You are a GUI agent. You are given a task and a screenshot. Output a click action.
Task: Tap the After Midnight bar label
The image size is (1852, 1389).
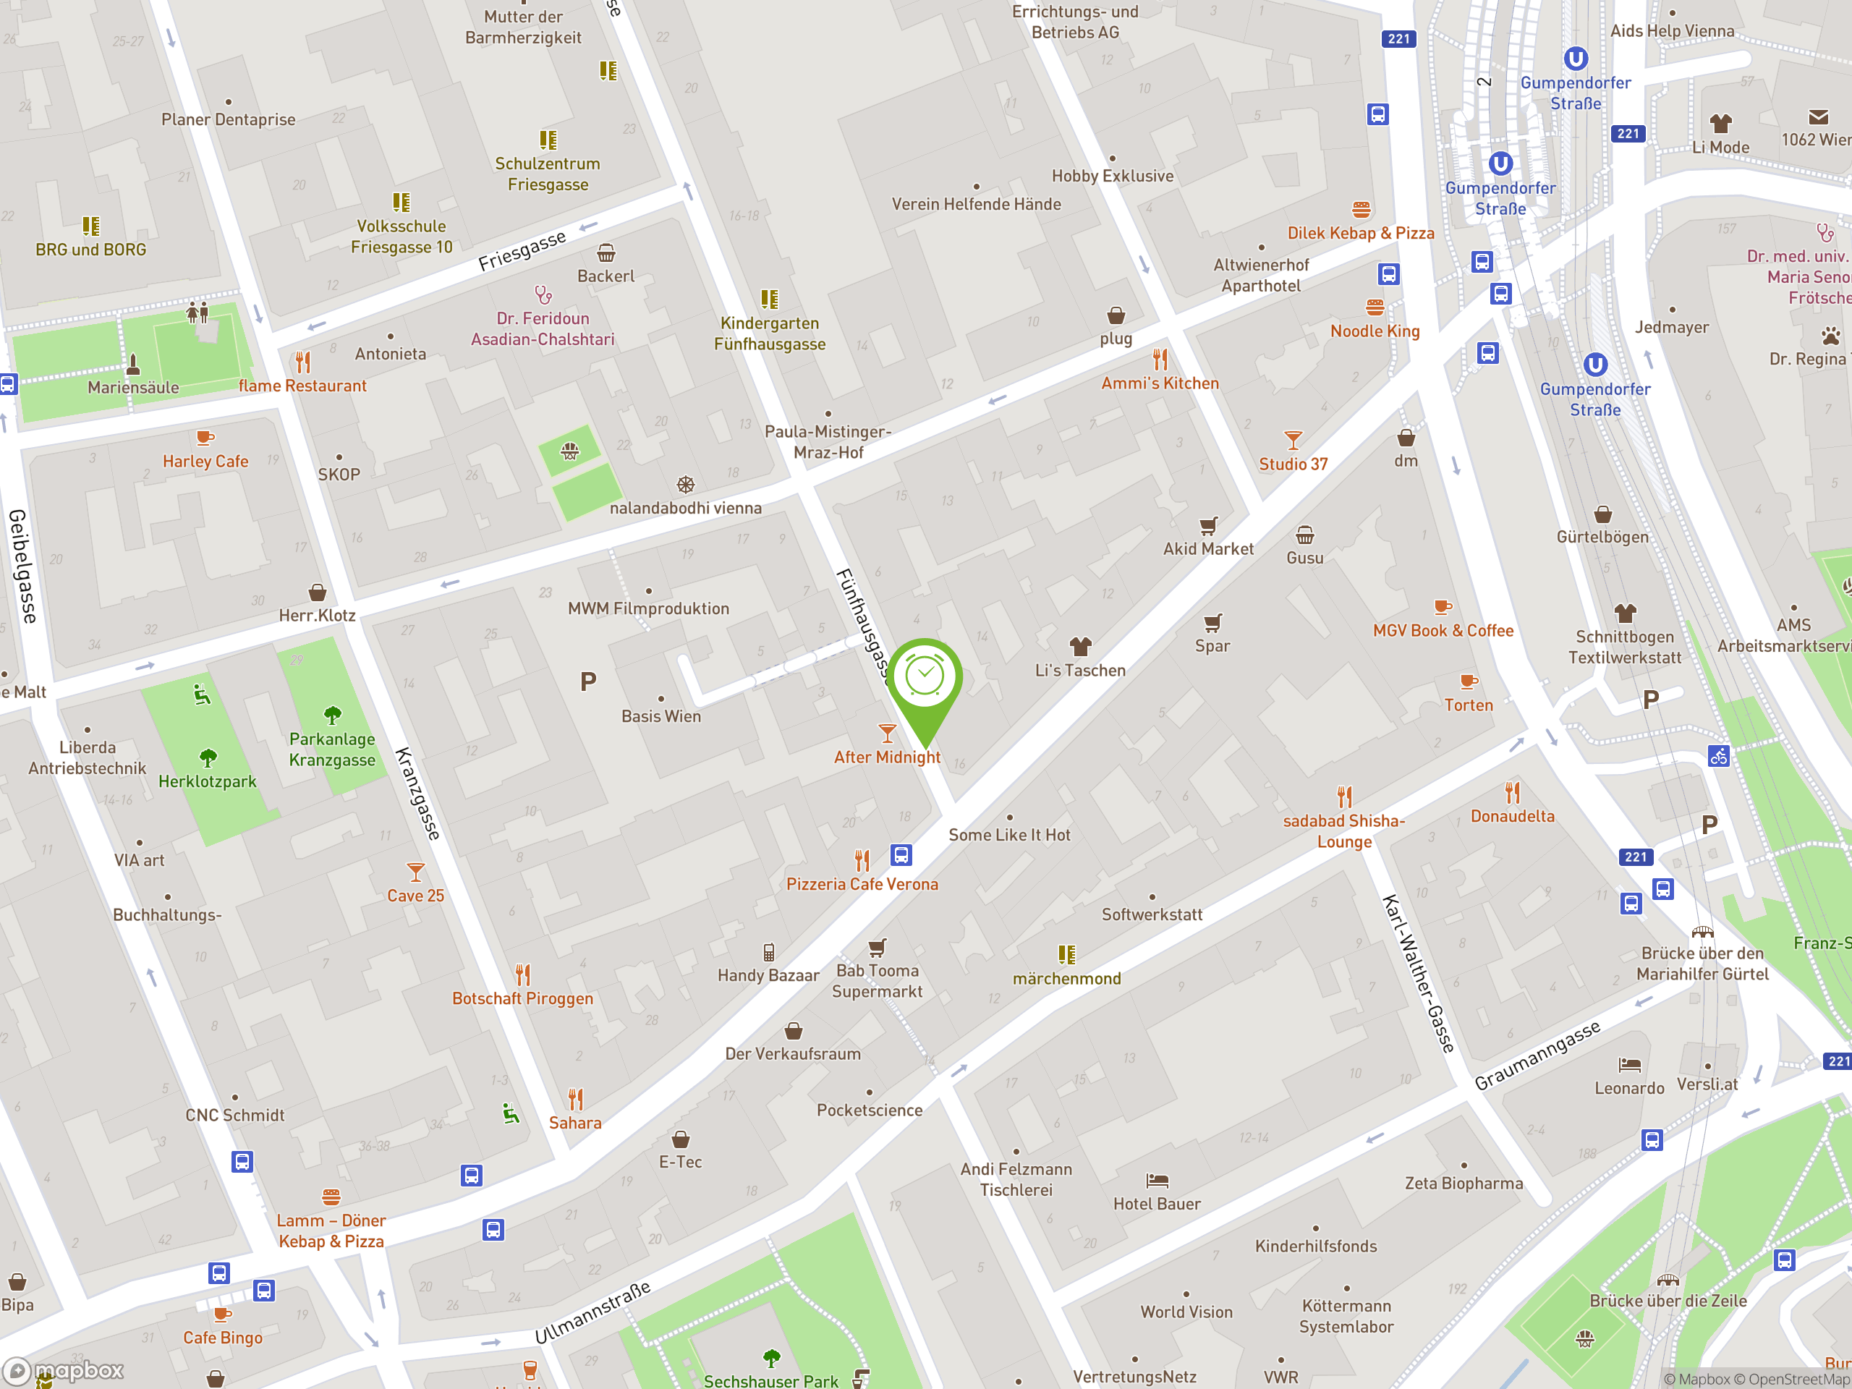click(887, 757)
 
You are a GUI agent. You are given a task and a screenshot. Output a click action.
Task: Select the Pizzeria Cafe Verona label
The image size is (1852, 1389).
click(862, 884)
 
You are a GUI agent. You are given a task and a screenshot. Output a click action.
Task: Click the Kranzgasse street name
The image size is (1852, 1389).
click(417, 793)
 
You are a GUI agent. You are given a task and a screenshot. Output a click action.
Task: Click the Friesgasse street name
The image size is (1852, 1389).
click(522, 250)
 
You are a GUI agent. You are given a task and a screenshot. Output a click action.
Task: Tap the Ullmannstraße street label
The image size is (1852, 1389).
click(592, 1312)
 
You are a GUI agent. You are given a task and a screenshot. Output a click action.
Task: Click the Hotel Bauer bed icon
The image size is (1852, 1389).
click(1157, 1181)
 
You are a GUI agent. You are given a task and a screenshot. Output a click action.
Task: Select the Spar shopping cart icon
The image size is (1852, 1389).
click(1212, 623)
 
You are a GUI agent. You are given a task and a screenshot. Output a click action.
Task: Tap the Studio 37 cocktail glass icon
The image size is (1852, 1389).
click(1293, 440)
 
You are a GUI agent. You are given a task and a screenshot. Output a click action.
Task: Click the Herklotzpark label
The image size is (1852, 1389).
click(207, 781)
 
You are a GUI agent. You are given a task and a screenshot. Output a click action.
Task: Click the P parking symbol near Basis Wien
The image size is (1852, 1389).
click(589, 682)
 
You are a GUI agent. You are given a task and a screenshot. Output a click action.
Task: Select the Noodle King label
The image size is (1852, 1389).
click(1375, 331)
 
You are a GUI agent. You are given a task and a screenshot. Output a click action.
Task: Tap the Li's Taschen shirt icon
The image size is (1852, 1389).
click(1080, 646)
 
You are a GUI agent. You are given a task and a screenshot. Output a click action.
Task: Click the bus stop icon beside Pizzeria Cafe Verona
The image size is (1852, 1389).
click(901, 855)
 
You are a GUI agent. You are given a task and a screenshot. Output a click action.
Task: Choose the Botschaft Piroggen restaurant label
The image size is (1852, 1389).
click(522, 998)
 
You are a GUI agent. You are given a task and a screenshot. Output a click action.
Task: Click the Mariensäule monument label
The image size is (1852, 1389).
click(133, 387)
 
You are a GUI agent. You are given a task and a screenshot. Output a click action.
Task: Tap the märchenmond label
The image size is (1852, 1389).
click(1066, 978)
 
